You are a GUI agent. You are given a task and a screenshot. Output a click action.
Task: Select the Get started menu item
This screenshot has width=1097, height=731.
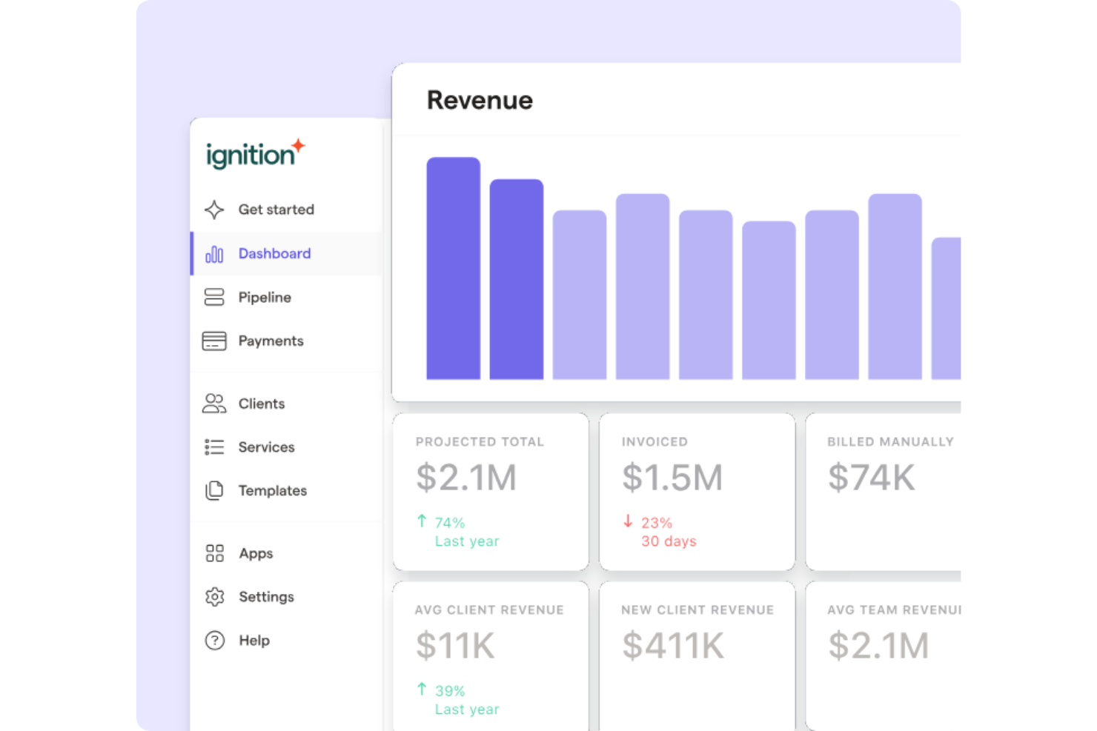click(276, 210)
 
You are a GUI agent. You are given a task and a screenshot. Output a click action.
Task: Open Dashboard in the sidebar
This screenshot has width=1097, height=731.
click(274, 253)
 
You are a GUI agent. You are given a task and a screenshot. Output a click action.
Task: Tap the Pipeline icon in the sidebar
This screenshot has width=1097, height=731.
click(214, 297)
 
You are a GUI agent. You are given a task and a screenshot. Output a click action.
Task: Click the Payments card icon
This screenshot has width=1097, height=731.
click(214, 341)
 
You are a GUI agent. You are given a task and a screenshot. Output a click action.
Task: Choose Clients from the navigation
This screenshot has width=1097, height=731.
click(261, 404)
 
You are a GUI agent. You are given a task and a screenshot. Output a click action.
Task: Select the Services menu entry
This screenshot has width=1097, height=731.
click(266, 447)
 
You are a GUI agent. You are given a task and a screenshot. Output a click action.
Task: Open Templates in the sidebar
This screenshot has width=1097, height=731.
click(272, 490)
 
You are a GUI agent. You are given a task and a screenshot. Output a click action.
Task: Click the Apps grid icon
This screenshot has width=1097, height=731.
click(215, 553)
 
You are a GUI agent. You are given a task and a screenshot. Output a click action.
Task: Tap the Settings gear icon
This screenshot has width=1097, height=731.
click(215, 597)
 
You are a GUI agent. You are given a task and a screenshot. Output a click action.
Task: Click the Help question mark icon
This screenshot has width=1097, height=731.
click(215, 641)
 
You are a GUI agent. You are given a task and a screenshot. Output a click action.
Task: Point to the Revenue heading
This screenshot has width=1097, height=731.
click(480, 100)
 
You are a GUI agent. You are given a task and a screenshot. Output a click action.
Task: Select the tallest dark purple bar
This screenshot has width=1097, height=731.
click(453, 268)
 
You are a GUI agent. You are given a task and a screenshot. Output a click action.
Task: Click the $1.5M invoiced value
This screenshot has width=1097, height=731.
click(672, 478)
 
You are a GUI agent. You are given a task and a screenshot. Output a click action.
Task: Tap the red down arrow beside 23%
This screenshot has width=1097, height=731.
click(628, 521)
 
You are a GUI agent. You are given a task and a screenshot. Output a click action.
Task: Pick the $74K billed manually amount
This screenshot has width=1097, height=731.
click(871, 478)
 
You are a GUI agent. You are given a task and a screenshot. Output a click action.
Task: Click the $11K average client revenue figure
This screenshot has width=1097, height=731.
click(455, 646)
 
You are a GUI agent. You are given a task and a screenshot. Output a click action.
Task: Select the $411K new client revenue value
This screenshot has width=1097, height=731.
click(672, 646)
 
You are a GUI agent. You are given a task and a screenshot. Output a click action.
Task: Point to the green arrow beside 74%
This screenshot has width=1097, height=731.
click(422, 521)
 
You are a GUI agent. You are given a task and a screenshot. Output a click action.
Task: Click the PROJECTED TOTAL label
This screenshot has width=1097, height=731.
click(480, 442)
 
